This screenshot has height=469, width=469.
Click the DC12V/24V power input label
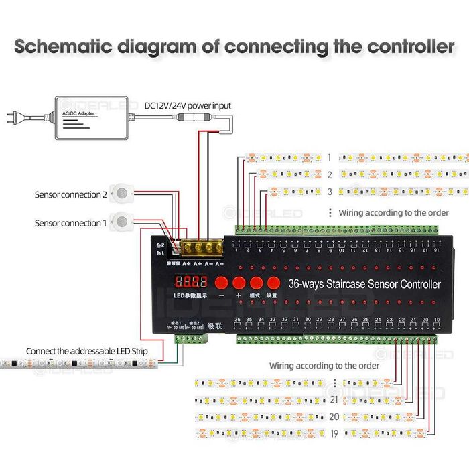tap(188, 105)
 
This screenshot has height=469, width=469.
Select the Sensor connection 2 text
tap(70, 195)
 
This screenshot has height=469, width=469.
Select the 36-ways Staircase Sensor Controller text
tap(364, 284)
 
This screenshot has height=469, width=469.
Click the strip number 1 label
tap(329, 157)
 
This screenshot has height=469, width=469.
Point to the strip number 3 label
tap(329, 192)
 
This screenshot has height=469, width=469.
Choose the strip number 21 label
tap(334, 399)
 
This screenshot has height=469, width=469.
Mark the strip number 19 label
tap(334, 433)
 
